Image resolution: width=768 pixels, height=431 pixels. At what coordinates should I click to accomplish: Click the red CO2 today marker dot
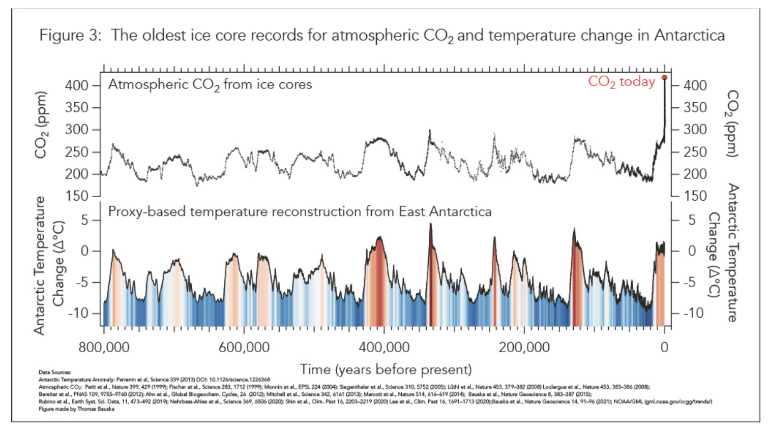pyautogui.click(x=664, y=78)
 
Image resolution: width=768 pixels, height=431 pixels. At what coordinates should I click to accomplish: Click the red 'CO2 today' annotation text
pyautogui.click(x=621, y=82)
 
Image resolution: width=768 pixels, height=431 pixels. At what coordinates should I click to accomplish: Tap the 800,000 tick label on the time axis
pyautogui.click(x=104, y=347)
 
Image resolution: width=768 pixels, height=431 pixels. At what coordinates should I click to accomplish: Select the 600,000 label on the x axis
pyautogui.click(x=244, y=347)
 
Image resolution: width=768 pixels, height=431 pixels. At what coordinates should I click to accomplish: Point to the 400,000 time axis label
pyautogui.click(x=384, y=347)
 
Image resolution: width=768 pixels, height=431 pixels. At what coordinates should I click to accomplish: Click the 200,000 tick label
pyautogui.click(x=524, y=347)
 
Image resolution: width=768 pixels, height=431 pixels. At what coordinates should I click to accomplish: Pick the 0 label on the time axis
pyautogui.click(x=664, y=347)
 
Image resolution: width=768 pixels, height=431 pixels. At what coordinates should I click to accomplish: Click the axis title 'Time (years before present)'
pyautogui.click(x=386, y=369)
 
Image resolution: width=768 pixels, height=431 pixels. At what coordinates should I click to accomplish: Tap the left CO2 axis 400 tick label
pyautogui.click(x=76, y=85)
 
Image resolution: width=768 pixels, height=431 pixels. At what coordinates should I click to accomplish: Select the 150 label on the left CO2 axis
pyautogui.click(x=76, y=196)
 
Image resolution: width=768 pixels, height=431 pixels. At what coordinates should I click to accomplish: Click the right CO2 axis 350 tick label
pyautogui.click(x=695, y=107)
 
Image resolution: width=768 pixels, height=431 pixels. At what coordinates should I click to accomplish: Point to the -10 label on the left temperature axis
pyautogui.click(x=78, y=313)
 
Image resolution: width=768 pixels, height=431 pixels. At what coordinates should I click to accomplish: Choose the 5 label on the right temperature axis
pyautogui.click(x=692, y=220)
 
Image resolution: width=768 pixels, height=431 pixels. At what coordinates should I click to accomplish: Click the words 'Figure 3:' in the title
pyautogui.click(x=71, y=35)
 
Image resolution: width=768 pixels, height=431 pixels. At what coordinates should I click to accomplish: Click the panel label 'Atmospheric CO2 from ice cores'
pyautogui.click(x=210, y=84)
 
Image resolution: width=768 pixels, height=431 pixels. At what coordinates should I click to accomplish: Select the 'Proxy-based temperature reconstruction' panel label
pyautogui.click(x=300, y=211)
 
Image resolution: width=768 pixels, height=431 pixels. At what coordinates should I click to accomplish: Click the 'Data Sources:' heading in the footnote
pyautogui.click(x=55, y=372)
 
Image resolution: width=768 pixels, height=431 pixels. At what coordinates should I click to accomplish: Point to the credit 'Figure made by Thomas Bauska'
pyautogui.click(x=76, y=409)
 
